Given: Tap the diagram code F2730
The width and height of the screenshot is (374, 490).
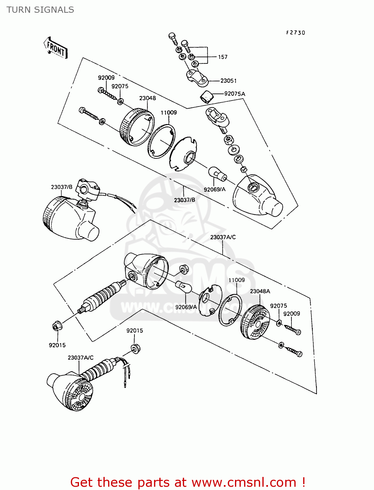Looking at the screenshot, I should [295, 33].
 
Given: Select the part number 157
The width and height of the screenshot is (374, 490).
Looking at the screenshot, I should [223, 57].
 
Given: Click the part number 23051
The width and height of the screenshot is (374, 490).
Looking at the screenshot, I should [228, 81].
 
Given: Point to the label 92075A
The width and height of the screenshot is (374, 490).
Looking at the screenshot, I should [235, 94].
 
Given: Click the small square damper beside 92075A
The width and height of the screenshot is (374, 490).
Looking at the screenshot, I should [206, 97].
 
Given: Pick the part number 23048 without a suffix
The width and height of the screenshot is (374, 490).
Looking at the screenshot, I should [148, 98].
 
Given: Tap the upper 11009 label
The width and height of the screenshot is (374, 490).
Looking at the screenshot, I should [169, 112].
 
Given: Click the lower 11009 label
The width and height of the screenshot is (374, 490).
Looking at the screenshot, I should [237, 280].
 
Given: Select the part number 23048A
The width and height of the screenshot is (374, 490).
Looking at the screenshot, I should [260, 291].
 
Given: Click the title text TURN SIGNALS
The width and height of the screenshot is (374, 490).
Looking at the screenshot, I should [40, 10].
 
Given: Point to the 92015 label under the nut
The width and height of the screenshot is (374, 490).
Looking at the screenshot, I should [57, 345].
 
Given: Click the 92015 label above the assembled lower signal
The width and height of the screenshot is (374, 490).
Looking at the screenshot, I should [135, 331].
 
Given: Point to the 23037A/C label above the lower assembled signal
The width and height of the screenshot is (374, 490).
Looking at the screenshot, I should [81, 358].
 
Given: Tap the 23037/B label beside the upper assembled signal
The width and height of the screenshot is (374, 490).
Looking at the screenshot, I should [62, 187].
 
